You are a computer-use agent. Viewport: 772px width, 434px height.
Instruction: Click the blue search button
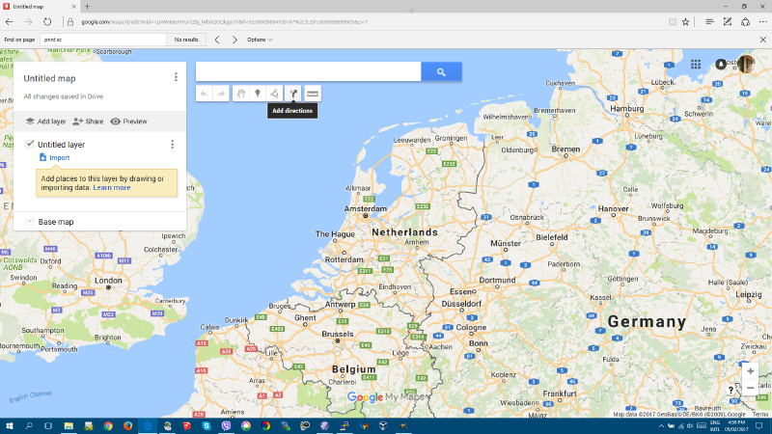pyautogui.click(x=441, y=71)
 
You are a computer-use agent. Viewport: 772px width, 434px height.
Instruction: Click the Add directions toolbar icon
pyautogui.click(x=292, y=94)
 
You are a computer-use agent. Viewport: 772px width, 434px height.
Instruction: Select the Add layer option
pyautogui.click(x=45, y=122)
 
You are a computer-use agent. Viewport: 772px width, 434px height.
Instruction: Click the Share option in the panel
pyautogui.click(x=88, y=122)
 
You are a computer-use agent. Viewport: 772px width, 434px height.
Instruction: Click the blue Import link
pyautogui.click(x=59, y=157)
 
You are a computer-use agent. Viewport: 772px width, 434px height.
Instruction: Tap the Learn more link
pyautogui.click(x=112, y=187)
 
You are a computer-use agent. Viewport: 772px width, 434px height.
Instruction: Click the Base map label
pyautogui.click(x=56, y=222)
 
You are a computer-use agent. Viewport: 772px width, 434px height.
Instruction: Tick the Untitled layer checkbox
pyautogui.click(x=30, y=144)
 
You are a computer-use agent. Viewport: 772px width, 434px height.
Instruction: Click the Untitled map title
pyautogui.click(x=49, y=78)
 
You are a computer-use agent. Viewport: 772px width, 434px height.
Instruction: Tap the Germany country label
pyautogui.click(x=647, y=322)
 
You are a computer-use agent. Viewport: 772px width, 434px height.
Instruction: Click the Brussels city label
pyautogui.click(x=337, y=334)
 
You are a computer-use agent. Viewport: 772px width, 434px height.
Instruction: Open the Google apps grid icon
pyautogui.click(x=696, y=66)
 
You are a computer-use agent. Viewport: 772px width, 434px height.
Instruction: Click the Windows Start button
pyautogui.click(x=9, y=425)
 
